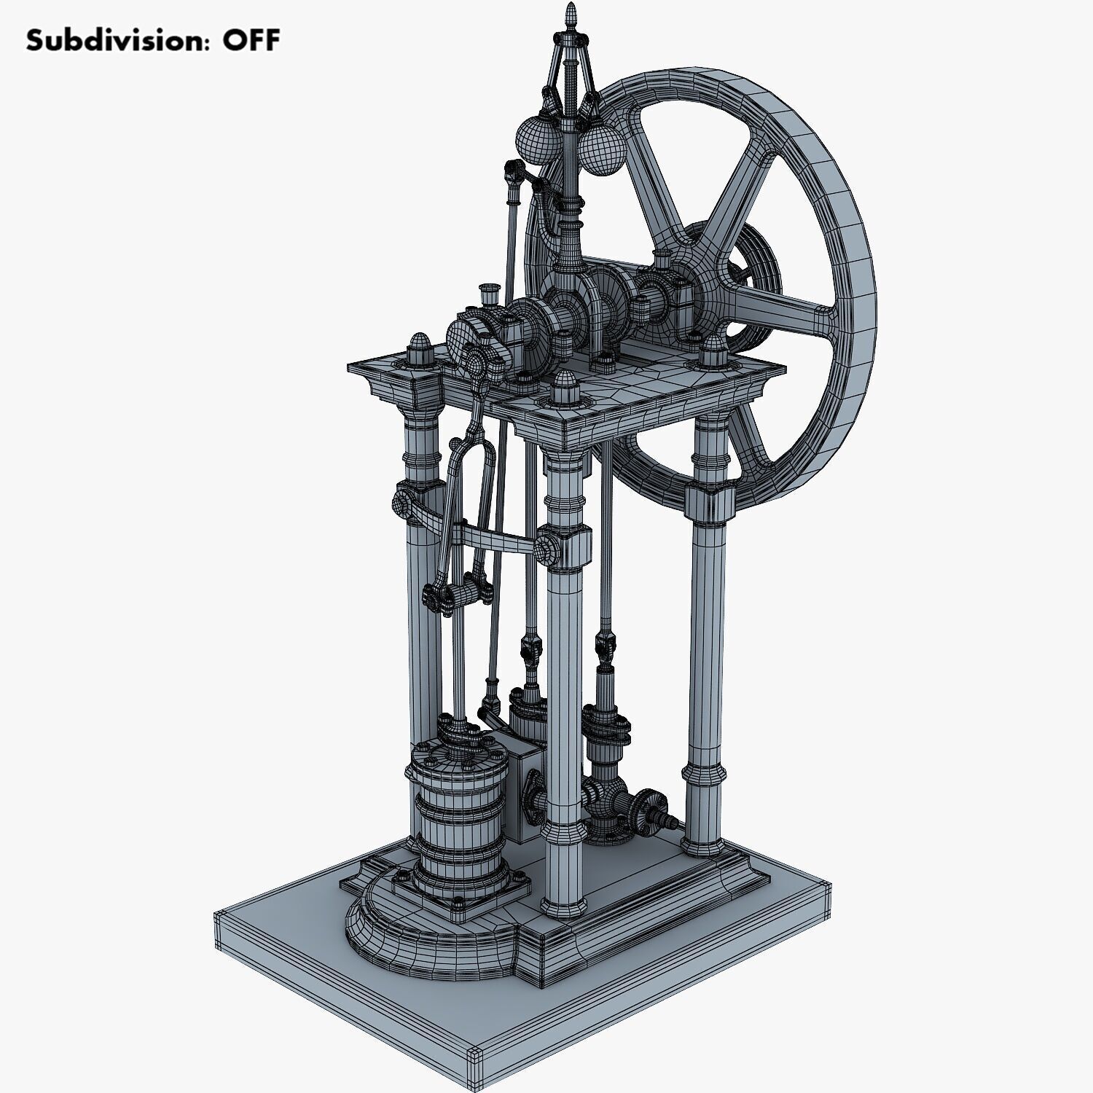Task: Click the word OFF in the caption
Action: [x=251, y=40]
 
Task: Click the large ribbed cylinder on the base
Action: [x=458, y=816]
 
